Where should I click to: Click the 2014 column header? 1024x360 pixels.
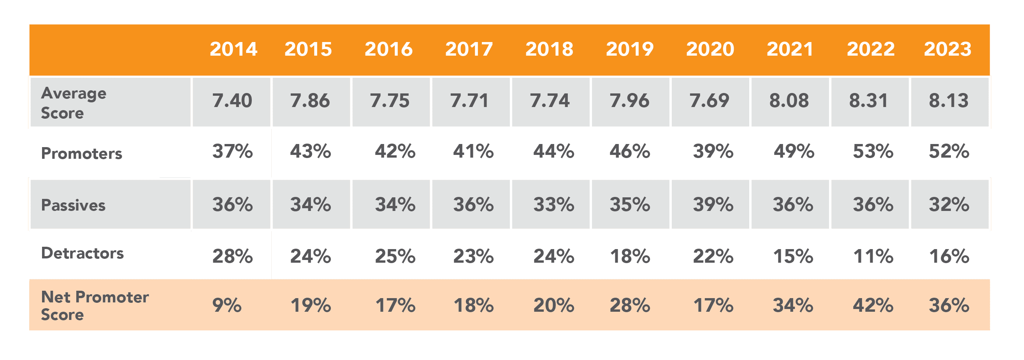tap(234, 49)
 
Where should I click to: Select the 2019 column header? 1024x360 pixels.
tap(630, 49)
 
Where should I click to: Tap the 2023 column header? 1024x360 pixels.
tap(948, 49)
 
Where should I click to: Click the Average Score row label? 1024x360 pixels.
tap(74, 103)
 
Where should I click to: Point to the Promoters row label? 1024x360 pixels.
tap(81, 153)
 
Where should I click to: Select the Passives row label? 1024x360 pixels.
tap(73, 205)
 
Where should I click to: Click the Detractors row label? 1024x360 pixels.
tap(82, 253)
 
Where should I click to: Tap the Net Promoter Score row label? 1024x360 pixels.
tap(95, 306)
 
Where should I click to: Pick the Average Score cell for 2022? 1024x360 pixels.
tap(869, 100)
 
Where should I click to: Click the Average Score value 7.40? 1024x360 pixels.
tap(232, 100)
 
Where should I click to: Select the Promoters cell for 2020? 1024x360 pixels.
tap(713, 151)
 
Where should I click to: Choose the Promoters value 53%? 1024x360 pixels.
tap(873, 151)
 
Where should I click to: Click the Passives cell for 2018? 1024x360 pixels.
tap(554, 205)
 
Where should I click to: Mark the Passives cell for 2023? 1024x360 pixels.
tap(949, 205)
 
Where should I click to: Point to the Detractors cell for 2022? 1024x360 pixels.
tap(873, 256)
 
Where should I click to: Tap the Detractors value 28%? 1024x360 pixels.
tap(232, 256)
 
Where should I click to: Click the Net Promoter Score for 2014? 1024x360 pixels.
tap(227, 306)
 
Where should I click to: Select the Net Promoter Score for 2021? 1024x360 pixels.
tap(793, 306)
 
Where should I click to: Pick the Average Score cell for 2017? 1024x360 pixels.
tap(469, 100)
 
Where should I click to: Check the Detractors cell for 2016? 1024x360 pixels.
tap(395, 256)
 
